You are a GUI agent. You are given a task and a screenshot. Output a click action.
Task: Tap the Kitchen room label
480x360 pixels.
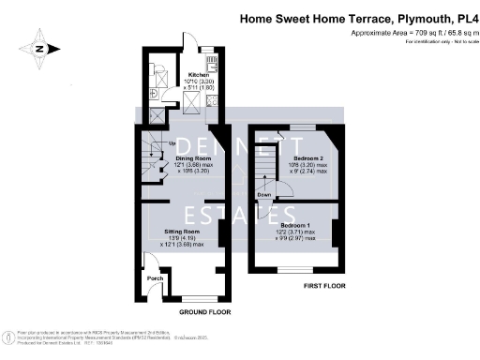pyautogui.click(x=198, y=74)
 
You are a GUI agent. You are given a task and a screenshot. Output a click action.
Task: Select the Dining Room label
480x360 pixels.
pyautogui.click(x=194, y=158)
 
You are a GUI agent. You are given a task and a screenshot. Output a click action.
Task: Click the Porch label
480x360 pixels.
pyautogui.click(x=156, y=278)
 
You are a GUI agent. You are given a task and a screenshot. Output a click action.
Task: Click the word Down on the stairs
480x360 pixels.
pyautogui.click(x=266, y=195)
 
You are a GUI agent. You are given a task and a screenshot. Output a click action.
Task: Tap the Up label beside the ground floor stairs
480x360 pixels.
pyautogui.click(x=144, y=142)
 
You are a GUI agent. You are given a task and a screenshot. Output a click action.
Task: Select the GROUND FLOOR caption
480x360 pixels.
pyautogui.click(x=205, y=310)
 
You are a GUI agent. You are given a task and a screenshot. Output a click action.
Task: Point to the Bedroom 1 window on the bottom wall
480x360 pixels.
pyautogui.click(x=292, y=268)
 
